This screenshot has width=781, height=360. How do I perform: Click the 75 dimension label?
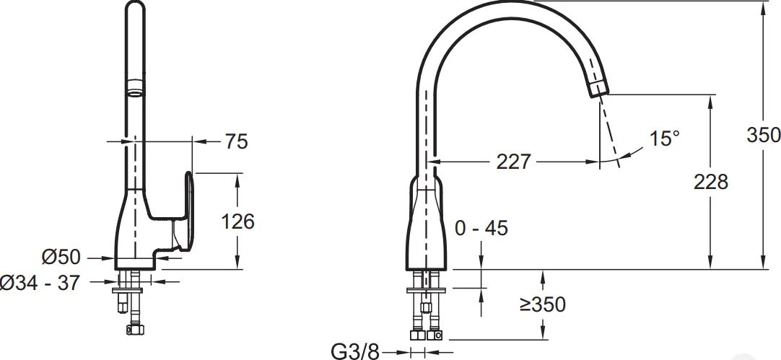236,141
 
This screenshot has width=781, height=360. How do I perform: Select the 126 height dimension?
238,221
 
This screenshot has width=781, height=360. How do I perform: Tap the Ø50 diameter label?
61,257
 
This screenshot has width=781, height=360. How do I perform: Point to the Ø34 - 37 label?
40,283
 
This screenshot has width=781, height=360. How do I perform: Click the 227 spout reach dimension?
514,162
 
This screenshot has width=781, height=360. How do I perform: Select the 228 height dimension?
711,182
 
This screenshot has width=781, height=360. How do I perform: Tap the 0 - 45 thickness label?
481,228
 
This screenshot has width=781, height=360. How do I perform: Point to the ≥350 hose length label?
543,304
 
